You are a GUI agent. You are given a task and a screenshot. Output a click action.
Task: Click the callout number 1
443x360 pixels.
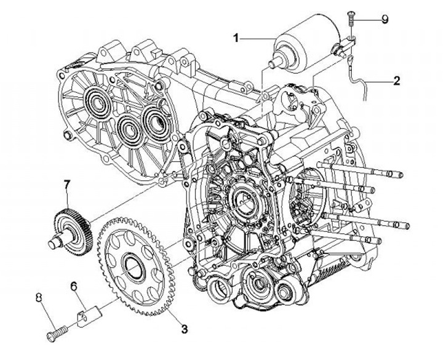[x=235, y=38]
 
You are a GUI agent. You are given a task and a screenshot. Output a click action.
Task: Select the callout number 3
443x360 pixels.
[x=184, y=328]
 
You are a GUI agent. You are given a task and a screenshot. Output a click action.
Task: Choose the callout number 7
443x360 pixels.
[x=68, y=184]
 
